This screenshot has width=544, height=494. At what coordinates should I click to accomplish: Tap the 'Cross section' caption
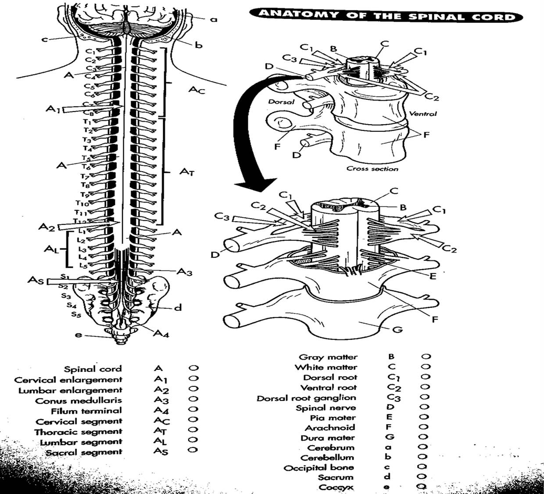(372, 169)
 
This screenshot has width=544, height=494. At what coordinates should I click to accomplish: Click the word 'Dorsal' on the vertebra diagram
(281, 101)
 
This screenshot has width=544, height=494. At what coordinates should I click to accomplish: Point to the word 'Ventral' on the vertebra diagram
(423, 113)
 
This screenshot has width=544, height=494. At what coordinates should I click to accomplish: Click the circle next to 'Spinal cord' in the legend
(193, 368)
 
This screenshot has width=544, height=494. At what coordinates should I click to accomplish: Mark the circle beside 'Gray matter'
(425, 357)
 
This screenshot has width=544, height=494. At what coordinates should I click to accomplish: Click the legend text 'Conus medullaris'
(79, 400)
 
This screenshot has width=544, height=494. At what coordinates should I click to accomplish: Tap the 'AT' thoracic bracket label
(186, 172)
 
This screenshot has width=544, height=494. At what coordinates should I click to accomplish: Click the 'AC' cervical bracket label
(197, 90)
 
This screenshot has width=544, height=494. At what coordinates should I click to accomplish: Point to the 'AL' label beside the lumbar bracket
(51, 249)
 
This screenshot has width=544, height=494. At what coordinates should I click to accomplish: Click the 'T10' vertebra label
(82, 203)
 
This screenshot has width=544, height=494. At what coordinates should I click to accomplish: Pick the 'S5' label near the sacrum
(76, 314)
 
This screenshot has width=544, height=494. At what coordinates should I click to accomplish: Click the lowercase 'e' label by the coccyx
(78, 335)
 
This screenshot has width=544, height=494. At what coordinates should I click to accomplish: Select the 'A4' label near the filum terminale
(161, 334)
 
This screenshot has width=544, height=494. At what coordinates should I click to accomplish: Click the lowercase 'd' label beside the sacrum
(177, 307)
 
